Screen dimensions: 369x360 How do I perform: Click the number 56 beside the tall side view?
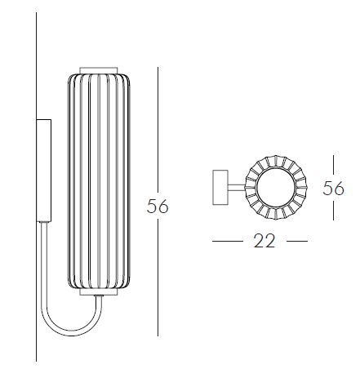158,207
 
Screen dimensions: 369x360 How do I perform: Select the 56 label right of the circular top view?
333,189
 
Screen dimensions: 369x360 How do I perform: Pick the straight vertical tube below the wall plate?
43,253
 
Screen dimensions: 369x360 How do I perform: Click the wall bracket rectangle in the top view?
220,187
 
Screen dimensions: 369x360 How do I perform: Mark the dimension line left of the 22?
228,241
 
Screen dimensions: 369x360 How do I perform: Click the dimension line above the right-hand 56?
333,166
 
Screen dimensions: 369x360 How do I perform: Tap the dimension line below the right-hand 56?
333,211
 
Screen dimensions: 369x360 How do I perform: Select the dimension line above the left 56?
158,122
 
